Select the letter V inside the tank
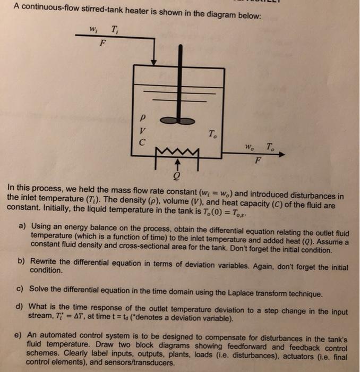click(141, 130)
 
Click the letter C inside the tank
click(141, 142)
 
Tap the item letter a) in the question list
click(23, 226)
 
